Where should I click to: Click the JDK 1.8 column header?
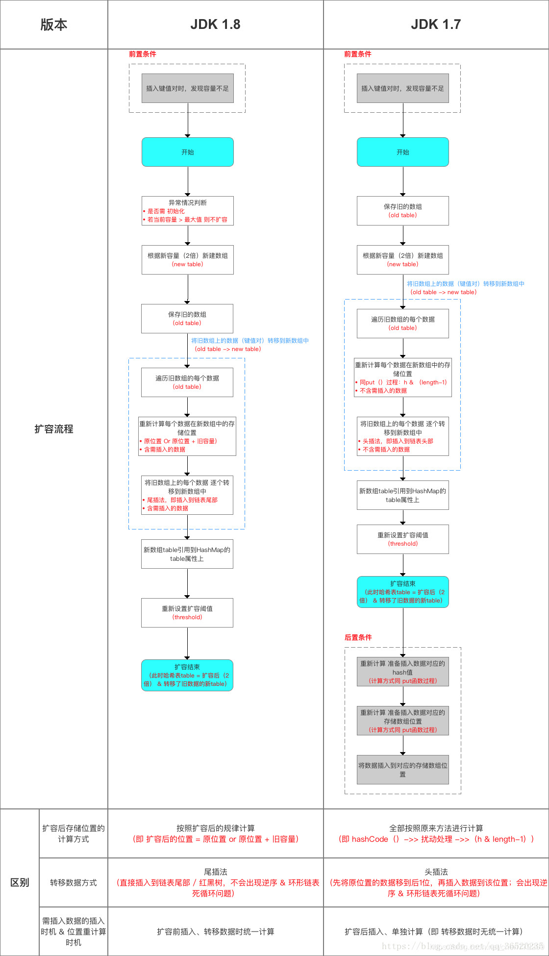point(215,25)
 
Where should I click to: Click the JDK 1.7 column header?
point(436,25)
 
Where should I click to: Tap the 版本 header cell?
point(54,25)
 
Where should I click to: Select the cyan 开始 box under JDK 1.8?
point(187,152)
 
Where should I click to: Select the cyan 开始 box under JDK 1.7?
point(402,152)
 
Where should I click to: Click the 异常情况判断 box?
point(187,211)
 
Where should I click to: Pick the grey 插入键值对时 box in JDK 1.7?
point(402,88)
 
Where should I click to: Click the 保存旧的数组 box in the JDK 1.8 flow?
point(187,319)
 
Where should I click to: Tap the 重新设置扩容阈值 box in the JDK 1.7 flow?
point(402,539)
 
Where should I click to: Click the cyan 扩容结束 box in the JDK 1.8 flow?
point(187,675)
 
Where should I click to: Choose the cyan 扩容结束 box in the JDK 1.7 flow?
point(402,592)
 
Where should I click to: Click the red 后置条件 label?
point(358,637)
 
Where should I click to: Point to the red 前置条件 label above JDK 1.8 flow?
point(143,54)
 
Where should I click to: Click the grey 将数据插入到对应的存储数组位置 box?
point(402,770)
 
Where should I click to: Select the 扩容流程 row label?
point(54,429)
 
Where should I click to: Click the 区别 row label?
point(20,882)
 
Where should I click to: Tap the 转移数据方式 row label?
point(74,882)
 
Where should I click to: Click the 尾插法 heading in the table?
point(216,872)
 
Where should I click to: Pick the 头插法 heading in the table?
point(436,872)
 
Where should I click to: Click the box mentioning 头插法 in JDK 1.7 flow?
point(402,436)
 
